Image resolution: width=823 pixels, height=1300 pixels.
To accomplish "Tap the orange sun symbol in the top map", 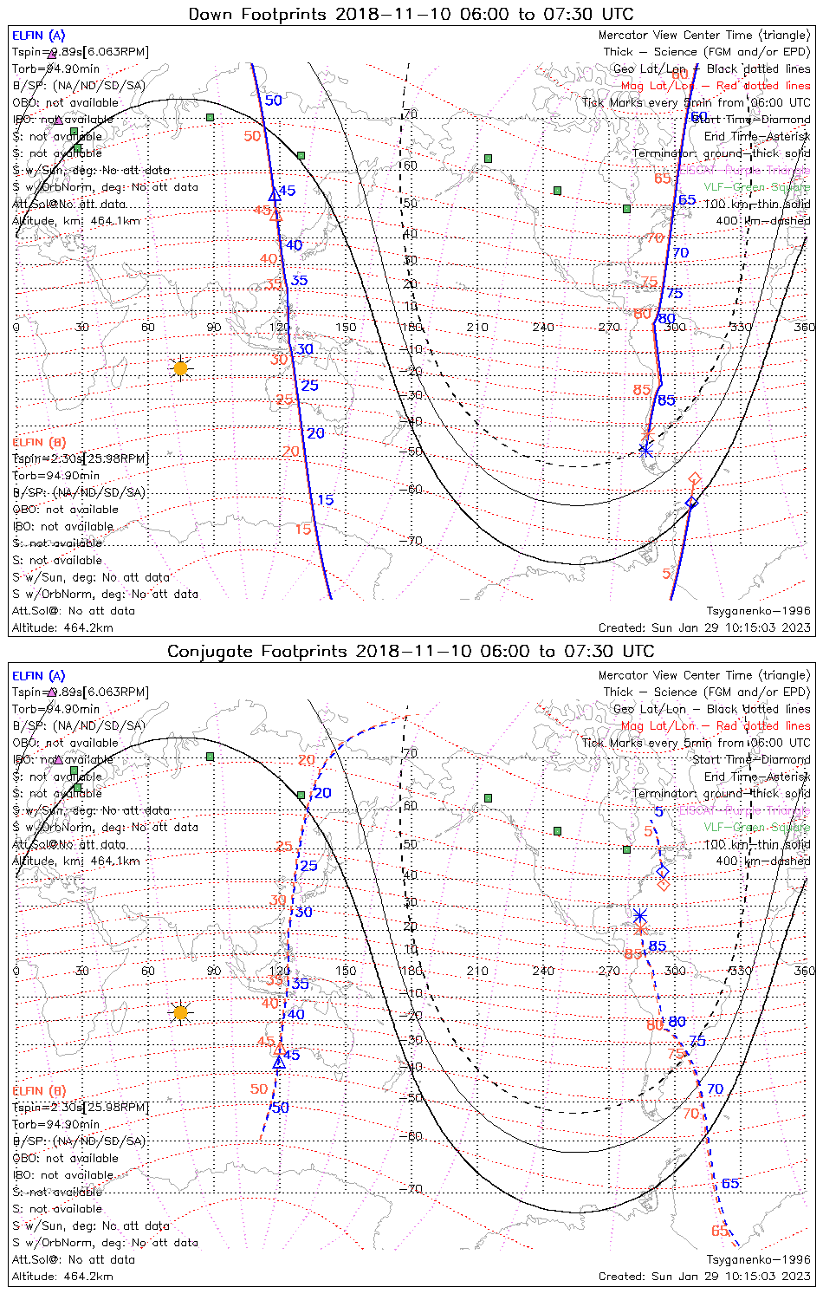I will [180, 368].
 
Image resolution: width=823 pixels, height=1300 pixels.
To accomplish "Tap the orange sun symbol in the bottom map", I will [180, 1012].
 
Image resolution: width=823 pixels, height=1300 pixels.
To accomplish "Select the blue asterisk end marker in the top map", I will [645, 449].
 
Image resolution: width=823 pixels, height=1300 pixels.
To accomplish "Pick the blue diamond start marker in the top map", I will [691, 503].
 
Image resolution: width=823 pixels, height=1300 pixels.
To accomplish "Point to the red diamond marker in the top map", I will [694, 478].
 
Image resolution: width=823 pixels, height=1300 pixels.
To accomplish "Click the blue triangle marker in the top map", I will [275, 195].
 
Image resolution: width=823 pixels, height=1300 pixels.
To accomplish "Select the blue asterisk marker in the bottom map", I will [639, 916].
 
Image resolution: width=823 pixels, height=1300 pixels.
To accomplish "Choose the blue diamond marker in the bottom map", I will [663, 872].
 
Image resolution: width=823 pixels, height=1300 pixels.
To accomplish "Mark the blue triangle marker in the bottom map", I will [278, 1063].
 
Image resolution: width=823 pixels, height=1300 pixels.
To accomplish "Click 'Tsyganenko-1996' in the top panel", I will [758, 611].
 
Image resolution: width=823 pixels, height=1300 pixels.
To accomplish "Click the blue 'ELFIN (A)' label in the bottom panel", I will [39, 676].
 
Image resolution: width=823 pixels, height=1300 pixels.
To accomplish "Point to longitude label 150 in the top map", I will [346, 328].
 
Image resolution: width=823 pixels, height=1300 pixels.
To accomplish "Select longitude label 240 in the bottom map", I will [543, 971].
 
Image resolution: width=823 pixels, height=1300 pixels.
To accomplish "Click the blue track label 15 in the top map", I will [325, 500].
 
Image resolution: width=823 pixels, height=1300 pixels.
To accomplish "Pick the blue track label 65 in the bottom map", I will [730, 1184].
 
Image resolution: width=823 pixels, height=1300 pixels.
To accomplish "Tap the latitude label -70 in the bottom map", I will [411, 1189].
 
